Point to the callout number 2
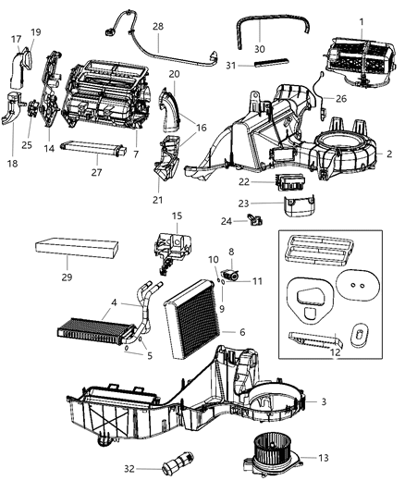pyautogui.click(x=388, y=154)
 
